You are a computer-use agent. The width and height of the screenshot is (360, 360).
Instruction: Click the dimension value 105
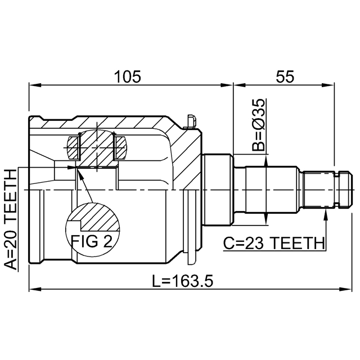tap(128, 76)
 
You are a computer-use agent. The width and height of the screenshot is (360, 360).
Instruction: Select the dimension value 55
tap(285, 76)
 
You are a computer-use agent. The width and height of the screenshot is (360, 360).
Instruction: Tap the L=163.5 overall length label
tap(183, 281)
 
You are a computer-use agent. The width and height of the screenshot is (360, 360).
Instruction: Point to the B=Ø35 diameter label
tap(258, 125)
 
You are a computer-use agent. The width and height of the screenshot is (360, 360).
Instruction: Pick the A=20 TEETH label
tap(11, 219)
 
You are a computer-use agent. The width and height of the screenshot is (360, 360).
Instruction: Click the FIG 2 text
tap(92, 241)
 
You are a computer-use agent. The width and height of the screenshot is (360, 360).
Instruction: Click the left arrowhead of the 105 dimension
tap(35, 85)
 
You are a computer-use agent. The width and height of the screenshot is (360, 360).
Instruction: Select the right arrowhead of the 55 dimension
tap(328, 85)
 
